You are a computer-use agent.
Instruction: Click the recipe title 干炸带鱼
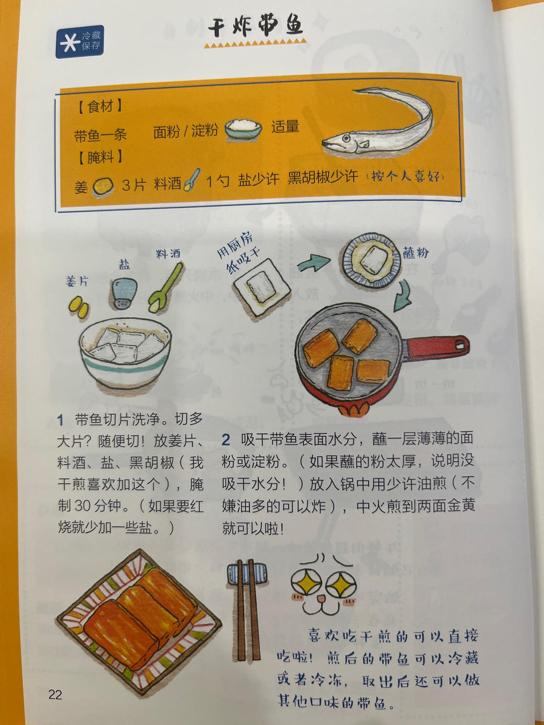256,25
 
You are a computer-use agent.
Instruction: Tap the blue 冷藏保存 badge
80,41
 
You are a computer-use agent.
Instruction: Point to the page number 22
55,695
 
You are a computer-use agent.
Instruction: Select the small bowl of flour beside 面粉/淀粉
243,129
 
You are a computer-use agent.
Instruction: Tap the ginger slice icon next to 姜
103,186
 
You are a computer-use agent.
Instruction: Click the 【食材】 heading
100,106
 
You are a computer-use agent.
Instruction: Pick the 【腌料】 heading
100,157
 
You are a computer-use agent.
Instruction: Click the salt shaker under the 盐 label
124,293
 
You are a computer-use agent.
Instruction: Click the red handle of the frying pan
438,347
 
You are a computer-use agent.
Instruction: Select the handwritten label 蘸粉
416,252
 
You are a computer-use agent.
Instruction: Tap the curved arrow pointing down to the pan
403,297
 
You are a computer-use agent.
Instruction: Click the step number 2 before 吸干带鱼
226,440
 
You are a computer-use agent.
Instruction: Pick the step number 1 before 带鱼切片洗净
60,419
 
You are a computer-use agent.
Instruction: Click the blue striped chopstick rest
247,573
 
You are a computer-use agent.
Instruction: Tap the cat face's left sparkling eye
307,584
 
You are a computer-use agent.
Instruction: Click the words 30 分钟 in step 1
100,505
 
